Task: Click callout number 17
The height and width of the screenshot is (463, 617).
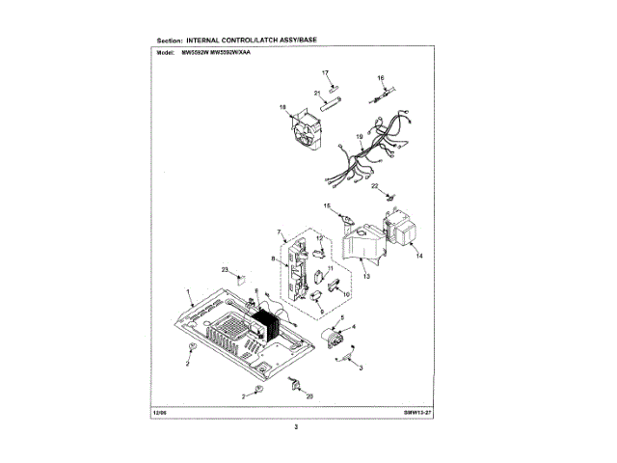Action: click(325, 73)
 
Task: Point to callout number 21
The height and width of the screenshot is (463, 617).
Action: click(315, 93)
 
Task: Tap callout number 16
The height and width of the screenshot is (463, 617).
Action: click(380, 77)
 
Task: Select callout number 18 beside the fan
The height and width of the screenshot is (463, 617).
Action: click(283, 107)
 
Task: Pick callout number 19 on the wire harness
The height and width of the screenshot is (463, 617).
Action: click(359, 139)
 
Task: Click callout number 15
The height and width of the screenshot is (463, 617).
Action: click(327, 206)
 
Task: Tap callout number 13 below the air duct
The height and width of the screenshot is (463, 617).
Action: click(366, 276)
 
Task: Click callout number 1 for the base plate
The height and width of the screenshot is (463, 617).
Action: click(189, 289)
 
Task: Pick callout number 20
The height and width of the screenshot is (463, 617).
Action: click(309, 396)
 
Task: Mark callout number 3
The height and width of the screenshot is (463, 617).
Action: click(361, 368)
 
